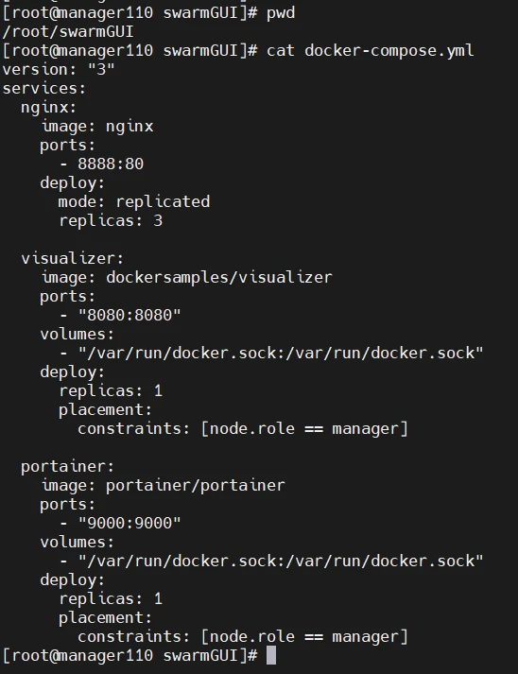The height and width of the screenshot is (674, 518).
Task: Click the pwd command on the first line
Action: (x=281, y=13)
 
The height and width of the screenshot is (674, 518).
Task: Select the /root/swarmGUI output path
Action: (x=68, y=32)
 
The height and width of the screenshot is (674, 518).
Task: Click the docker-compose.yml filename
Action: (x=389, y=51)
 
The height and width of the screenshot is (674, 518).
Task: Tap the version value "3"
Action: (x=101, y=69)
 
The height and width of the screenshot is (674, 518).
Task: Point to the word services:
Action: (x=44, y=89)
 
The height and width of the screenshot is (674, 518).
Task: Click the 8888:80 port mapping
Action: (x=111, y=164)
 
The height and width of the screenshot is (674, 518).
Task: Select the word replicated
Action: (x=163, y=201)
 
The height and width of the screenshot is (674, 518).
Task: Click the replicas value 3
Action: (x=158, y=220)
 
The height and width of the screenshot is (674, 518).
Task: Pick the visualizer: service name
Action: (x=72, y=258)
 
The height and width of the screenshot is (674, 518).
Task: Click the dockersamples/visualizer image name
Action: (x=218, y=277)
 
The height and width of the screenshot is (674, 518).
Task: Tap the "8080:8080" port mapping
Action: (x=129, y=315)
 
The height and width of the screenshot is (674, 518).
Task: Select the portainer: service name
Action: (x=67, y=466)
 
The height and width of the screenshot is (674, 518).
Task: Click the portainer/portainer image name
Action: (x=195, y=485)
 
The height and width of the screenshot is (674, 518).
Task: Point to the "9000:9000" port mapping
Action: (x=129, y=523)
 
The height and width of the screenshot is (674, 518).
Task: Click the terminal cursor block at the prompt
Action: (x=271, y=655)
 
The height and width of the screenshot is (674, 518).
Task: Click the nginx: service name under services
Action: (x=48, y=108)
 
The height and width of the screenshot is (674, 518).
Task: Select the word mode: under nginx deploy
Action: (x=81, y=201)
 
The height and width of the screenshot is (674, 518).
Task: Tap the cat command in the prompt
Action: (x=281, y=51)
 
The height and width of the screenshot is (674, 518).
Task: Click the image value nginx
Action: (x=129, y=127)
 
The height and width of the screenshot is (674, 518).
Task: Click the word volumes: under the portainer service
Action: (x=77, y=542)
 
